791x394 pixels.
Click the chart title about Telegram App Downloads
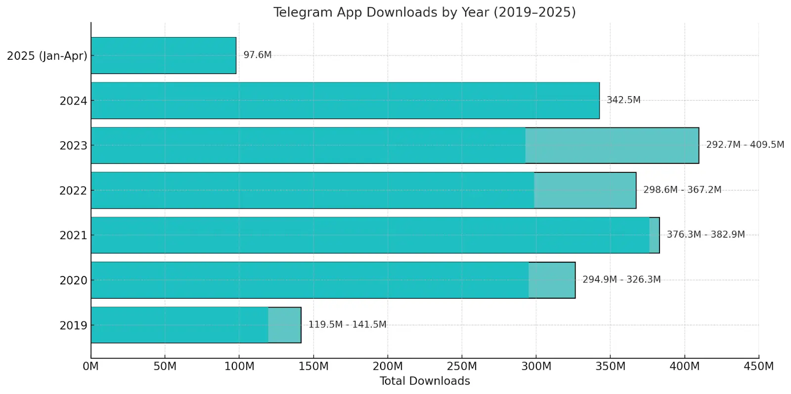424,12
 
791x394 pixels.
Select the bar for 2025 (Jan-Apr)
163,55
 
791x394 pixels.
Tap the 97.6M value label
257,55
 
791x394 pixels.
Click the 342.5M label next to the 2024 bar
623,100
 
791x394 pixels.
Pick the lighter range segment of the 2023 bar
612,146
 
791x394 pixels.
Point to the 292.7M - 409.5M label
745,145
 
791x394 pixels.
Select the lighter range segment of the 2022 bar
585,190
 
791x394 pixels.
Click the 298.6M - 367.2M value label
682,190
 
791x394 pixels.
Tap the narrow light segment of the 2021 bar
654,235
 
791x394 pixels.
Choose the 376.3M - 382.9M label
705,235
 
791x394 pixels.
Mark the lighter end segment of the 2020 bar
552,280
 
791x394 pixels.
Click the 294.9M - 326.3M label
621,279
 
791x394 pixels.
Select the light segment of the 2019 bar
284,325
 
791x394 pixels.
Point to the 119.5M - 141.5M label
347,324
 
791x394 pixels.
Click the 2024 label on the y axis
73,101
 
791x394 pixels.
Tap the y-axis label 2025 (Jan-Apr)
47,56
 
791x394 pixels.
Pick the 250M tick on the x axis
462,366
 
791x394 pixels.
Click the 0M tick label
90,366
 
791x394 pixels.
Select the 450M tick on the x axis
758,366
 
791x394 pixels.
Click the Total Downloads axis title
424,381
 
